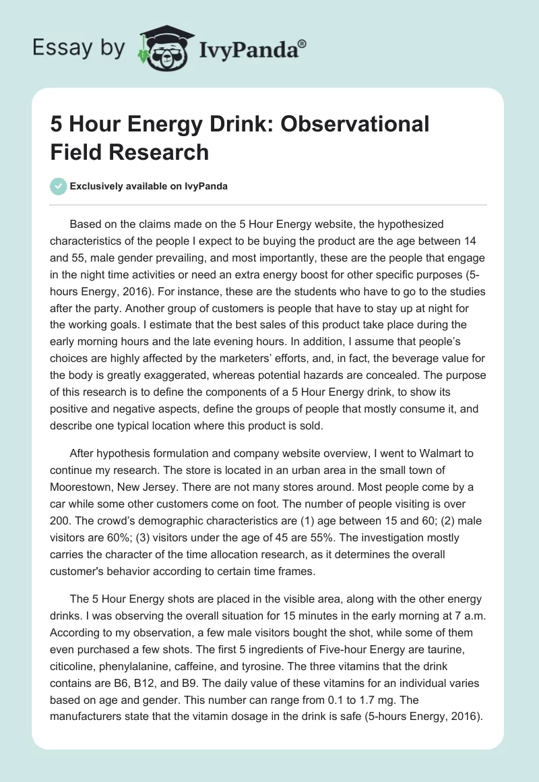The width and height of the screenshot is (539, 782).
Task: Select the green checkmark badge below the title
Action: [x=59, y=186]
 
